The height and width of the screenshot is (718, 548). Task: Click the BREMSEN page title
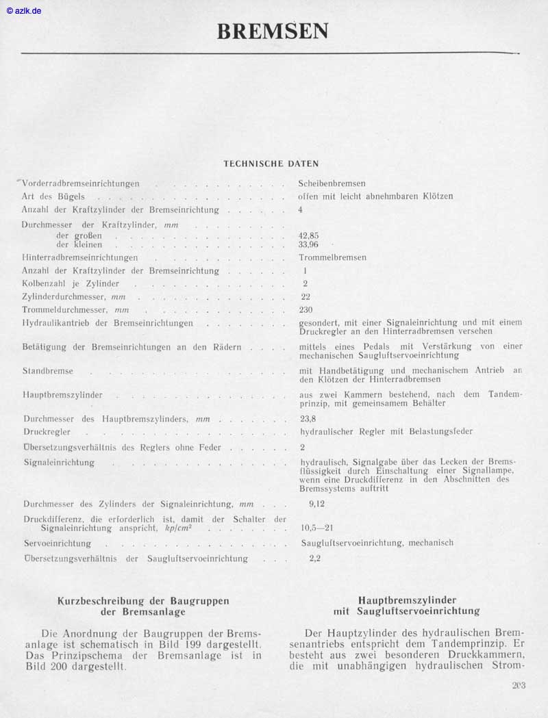273,31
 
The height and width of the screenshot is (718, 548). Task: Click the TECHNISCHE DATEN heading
271,164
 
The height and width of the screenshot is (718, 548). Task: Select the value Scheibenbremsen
332,183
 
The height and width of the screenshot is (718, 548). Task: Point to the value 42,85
309,235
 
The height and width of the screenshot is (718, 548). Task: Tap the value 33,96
309,244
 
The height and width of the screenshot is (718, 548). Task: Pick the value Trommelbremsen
332,257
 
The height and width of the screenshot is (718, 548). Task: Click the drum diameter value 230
306,309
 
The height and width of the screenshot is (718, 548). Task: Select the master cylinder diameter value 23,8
308,419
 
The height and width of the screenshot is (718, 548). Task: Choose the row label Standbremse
48,371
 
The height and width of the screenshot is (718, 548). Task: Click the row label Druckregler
47,433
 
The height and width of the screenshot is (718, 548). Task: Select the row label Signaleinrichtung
59,463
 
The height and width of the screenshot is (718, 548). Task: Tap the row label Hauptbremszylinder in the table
63,396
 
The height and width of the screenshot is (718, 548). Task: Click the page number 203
518,685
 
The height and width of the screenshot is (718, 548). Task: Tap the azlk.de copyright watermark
24,11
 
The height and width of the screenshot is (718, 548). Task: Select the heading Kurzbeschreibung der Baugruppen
143,601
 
